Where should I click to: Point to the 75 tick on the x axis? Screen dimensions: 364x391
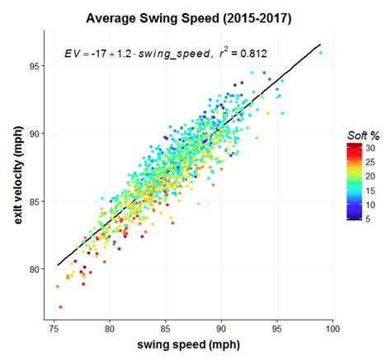coord(54,330)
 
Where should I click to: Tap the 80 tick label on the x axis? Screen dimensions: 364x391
coord(111,330)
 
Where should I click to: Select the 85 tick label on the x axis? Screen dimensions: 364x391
coord(166,330)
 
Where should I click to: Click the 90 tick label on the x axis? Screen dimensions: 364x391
coord(221,330)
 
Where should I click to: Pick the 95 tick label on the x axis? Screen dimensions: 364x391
coord(277,330)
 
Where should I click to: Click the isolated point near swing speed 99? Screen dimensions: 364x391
coord(320,53)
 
